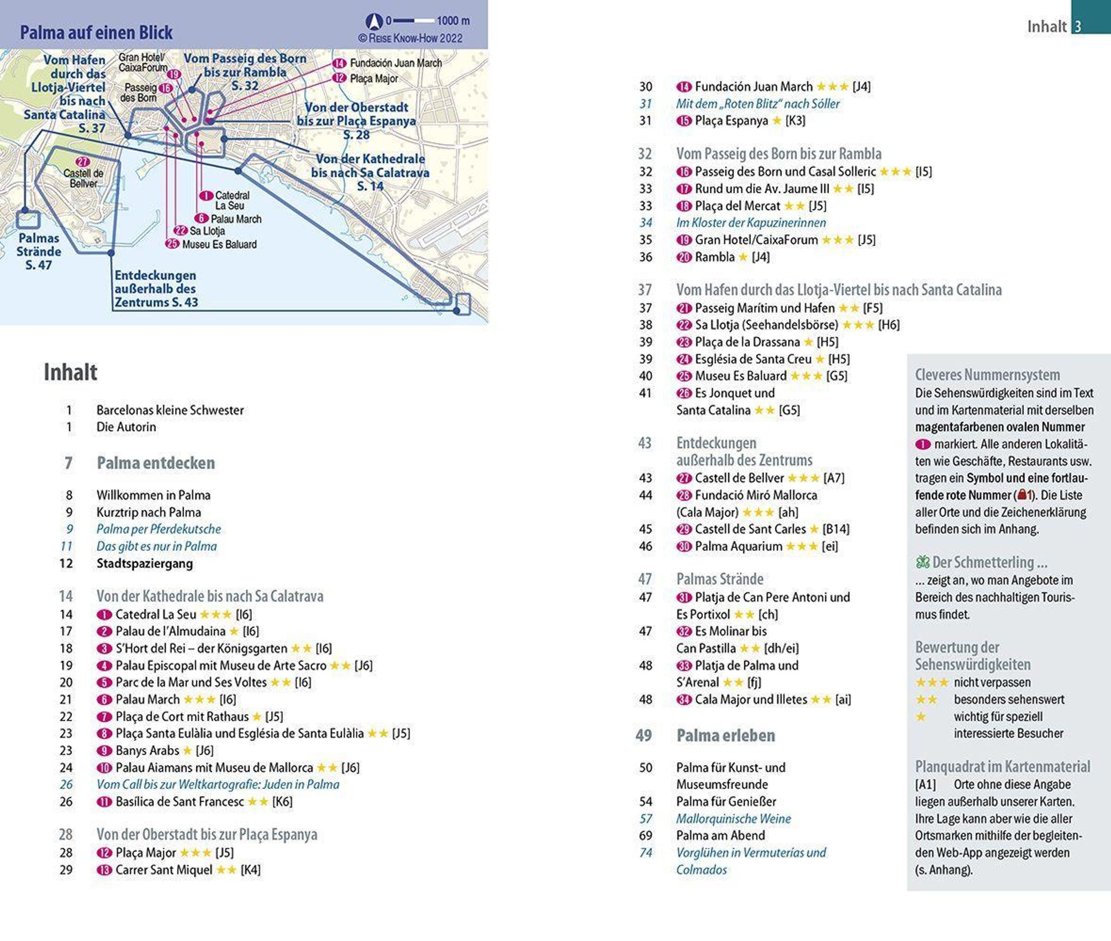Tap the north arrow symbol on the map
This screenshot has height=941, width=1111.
pyautogui.click(x=374, y=21)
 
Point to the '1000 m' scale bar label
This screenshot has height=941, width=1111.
pyautogui.click(x=453, y=21)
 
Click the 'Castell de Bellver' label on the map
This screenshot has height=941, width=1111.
pyautogui.click(x=83, y=178)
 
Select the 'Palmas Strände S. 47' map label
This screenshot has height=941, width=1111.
pyautogui.click(x=38, y=251)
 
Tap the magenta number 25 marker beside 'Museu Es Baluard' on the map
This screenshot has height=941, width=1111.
pyautogui.click(x=172, y=244)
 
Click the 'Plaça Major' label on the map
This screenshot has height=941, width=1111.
pyautogui.click(x=374, y=79)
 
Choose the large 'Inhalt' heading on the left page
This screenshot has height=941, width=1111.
pyautogui.click(x=70, y=372)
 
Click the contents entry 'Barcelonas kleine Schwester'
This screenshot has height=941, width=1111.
pyautogui.click(x=170, y=410)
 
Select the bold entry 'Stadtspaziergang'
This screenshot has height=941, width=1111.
pyautogui.click(x=144, y=563)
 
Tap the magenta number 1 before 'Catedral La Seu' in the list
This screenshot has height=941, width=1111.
pyautogui.click(x=104, y=614)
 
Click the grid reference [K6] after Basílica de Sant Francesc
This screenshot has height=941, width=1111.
pyautogui.click(x=282, y=801)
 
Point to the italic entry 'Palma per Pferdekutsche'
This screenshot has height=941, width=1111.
pyautogui.click(x=158, y=529)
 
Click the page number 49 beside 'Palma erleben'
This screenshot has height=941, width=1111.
pyautogui.click(x=643, y=736)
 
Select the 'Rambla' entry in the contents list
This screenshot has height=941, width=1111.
pyautogui.click(x=715, y=257)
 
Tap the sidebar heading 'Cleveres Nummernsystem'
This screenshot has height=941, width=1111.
pyautogui.click(x=987, y=374)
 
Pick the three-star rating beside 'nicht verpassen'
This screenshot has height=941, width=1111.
pyautogui.click(x=932, y=682)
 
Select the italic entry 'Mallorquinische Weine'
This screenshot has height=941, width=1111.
pyautogui.click(x=733, y=818)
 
